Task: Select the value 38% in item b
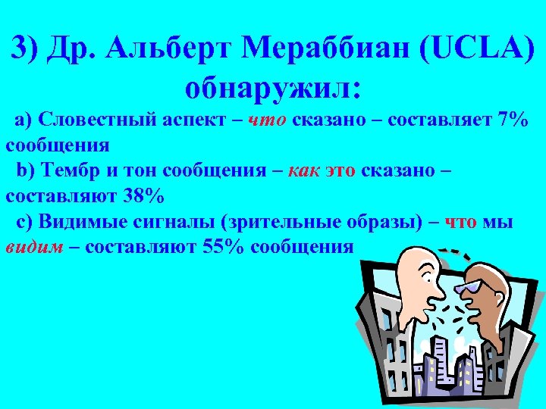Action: pos(143,196)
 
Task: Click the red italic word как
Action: pos(304,170)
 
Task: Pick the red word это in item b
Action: pos(340,170)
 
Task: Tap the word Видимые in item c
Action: pos(75,222)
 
